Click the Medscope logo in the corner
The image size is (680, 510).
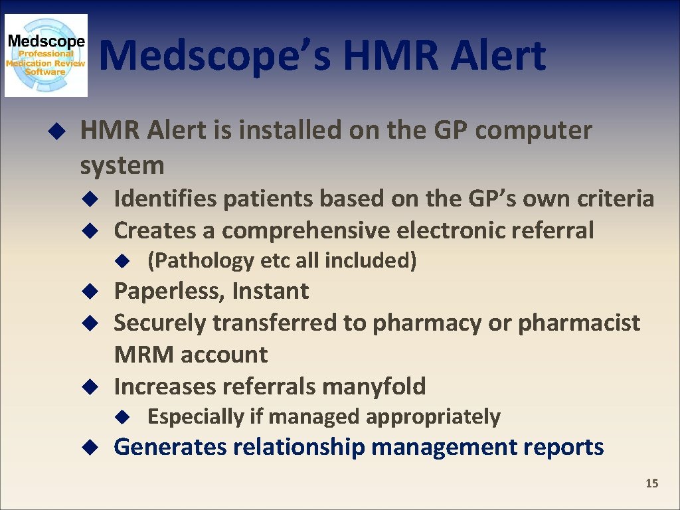(46, 56)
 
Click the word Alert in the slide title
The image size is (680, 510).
(498, 56)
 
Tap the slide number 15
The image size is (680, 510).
(651, 483)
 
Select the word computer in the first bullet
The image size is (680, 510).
(533, 131)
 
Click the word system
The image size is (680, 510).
(122, 165)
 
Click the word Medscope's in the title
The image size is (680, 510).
(216, 56)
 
